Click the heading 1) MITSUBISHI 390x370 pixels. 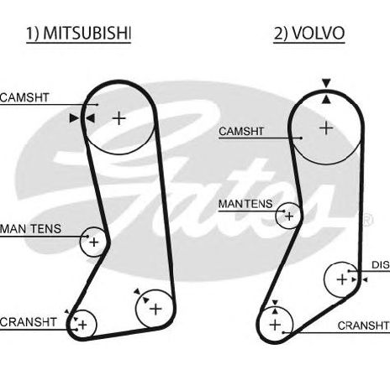click(78, 33)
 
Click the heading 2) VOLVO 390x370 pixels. click(309, 33)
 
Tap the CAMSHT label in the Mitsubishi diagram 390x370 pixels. click(24, 97)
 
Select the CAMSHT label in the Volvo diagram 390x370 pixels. click(241, 131)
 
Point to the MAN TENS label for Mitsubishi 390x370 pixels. click(30, 229)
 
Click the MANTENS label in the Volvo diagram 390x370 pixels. click(245, 204)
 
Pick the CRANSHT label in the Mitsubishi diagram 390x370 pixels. click(28, 322)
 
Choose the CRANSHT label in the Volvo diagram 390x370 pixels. click(364, 326)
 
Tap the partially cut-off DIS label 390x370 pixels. click(381, 265)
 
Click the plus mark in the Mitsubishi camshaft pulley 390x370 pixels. click(119, 118)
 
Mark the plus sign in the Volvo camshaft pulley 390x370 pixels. click(326, 128)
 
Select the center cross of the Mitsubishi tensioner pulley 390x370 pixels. click(94, 242)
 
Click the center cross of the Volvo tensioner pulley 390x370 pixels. click(289, 216)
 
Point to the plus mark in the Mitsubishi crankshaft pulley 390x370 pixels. click(82, 325)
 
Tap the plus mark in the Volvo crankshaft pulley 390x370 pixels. click(275, 325)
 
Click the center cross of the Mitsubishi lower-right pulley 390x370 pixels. click(155, 309)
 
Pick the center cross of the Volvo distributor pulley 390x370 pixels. click(342, 279)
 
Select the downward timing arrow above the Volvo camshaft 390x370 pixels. click(326, 83)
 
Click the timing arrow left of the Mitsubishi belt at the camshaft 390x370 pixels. click(74, 118)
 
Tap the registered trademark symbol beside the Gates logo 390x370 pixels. click(367, 220)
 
